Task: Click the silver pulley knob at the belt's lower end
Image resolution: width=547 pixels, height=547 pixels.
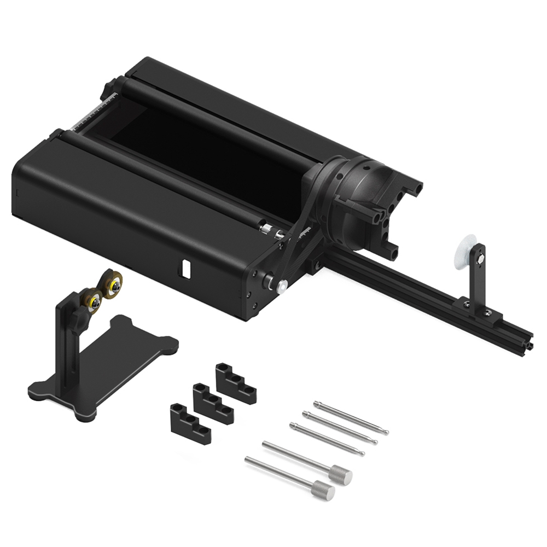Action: click(x=282, y=286)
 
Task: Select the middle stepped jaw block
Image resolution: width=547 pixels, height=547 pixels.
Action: click(x=212, y=403)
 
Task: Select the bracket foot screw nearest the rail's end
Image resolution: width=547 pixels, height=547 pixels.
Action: click(x=487, y=312)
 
